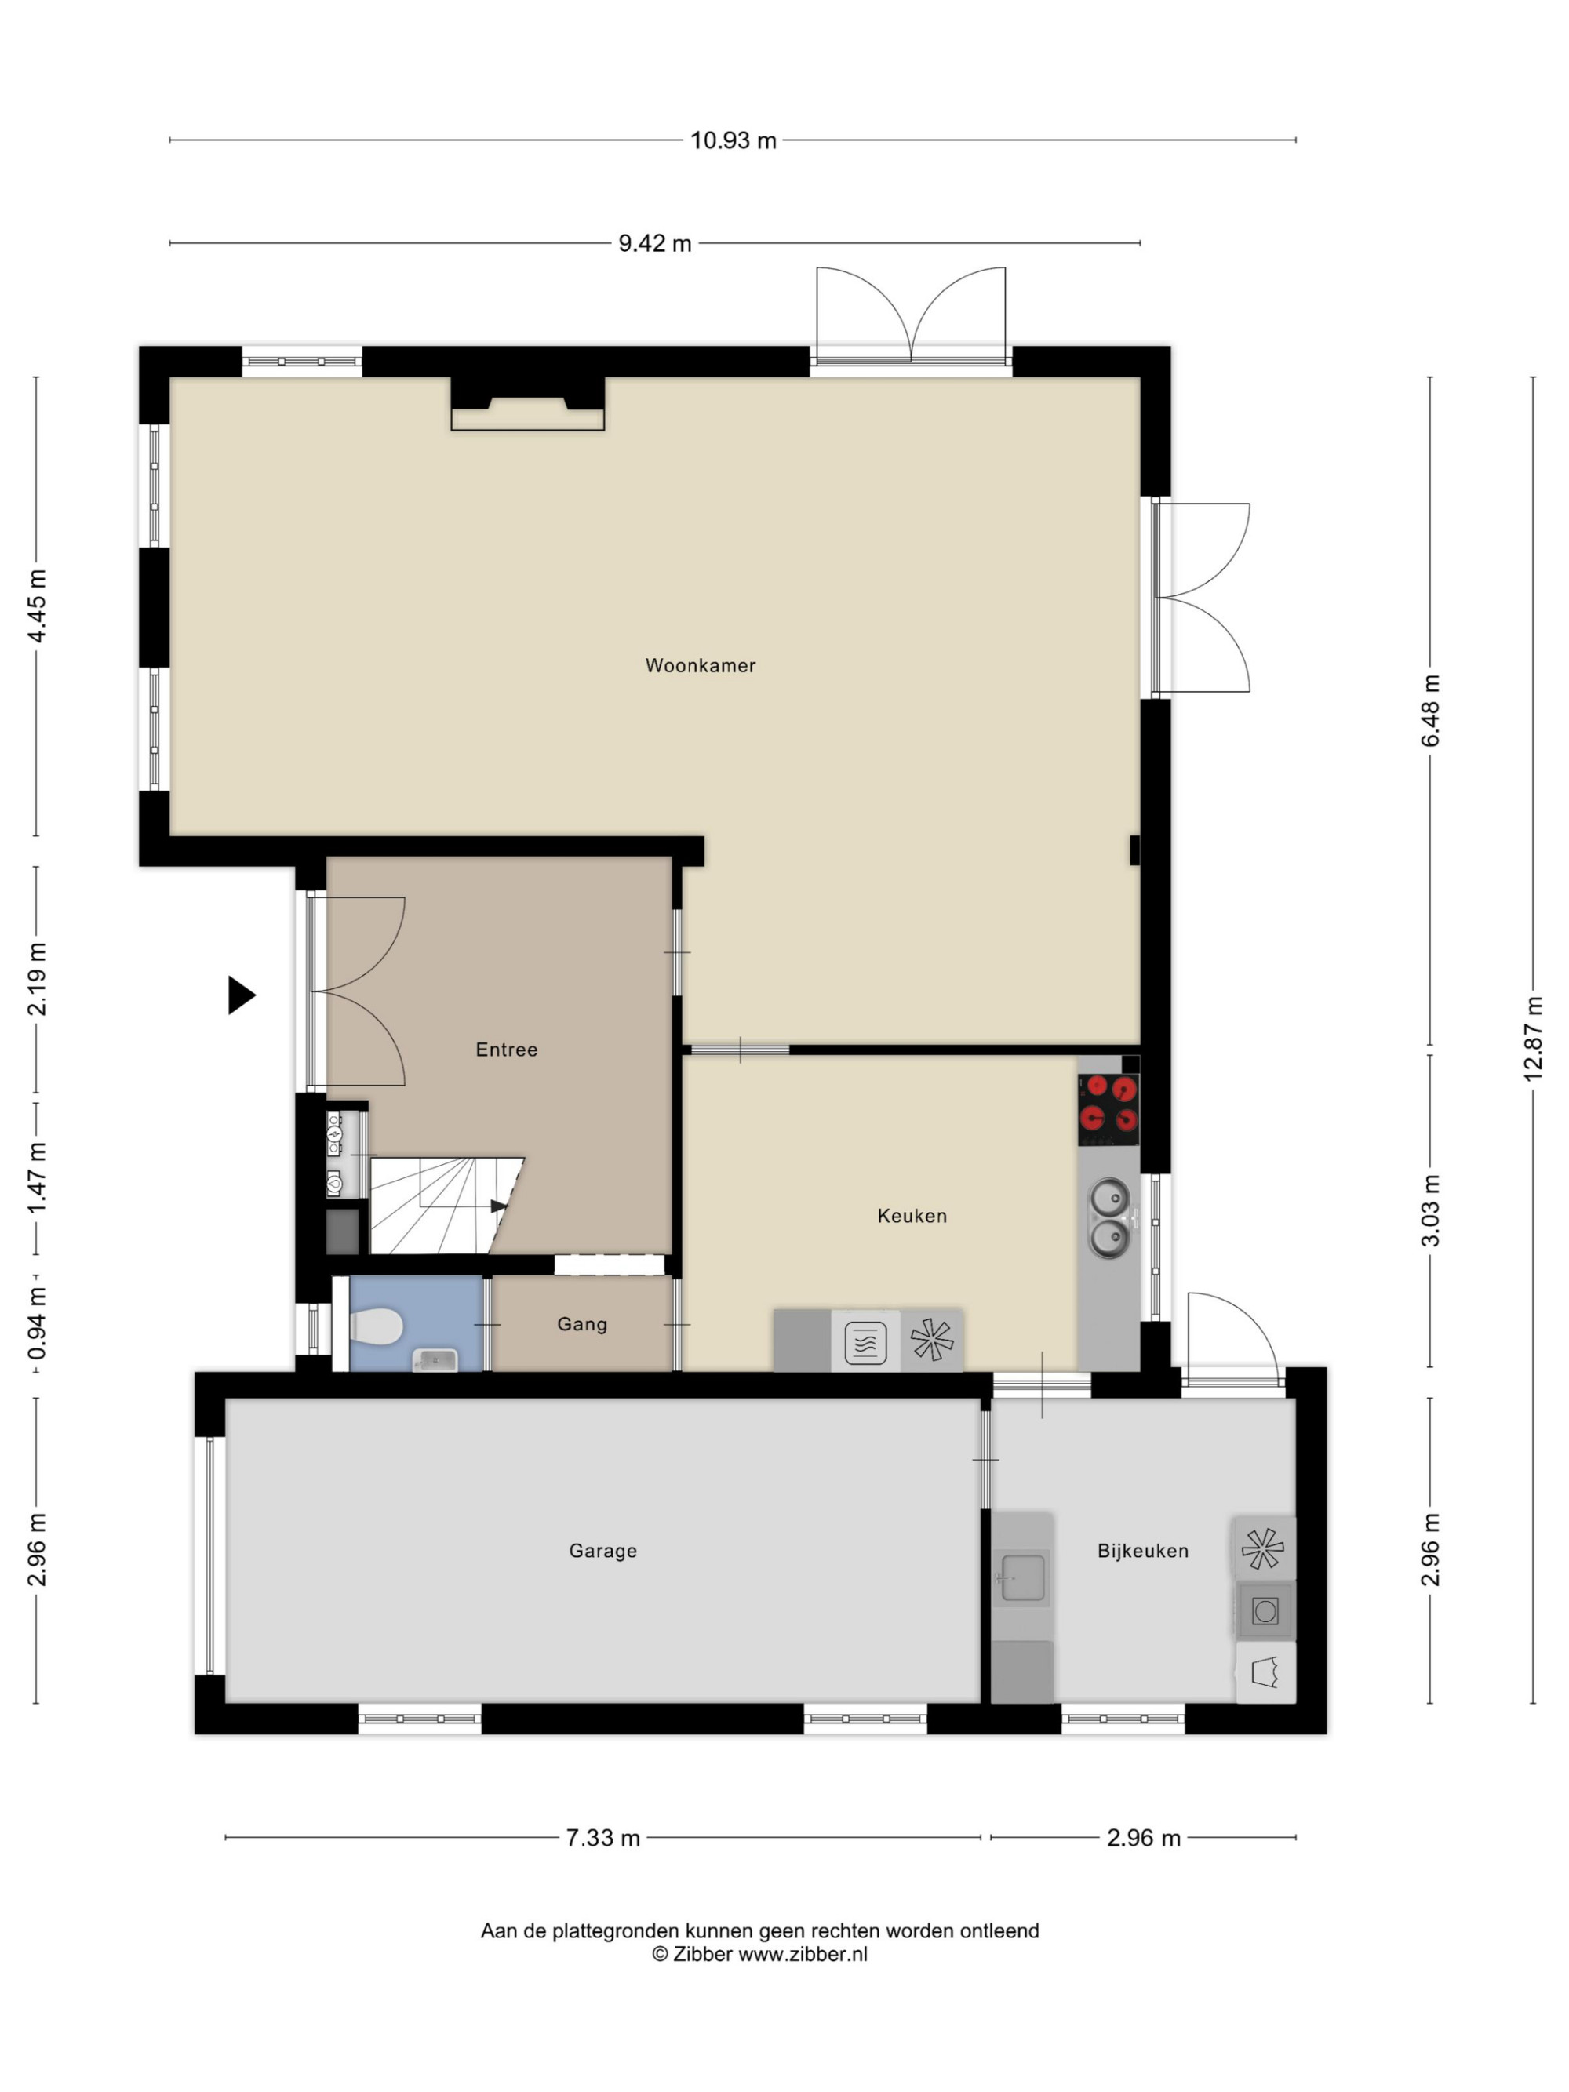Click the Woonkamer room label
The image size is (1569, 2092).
700,666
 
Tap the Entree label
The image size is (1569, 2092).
506,1050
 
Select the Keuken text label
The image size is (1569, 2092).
912,1217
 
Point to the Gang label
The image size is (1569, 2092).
581,1324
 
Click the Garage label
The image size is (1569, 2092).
602,1551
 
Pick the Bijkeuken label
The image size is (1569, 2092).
1142,1551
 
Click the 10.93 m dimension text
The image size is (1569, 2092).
733,141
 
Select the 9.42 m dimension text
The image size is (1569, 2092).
654,244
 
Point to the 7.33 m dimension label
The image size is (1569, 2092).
602,1838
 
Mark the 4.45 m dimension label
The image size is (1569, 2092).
36,606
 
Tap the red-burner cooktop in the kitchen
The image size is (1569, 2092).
1108,1104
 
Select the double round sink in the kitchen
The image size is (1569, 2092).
1109,1217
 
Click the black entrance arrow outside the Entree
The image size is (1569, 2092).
241,995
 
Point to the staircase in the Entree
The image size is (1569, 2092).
445,1205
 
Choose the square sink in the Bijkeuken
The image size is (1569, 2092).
1022,1577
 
